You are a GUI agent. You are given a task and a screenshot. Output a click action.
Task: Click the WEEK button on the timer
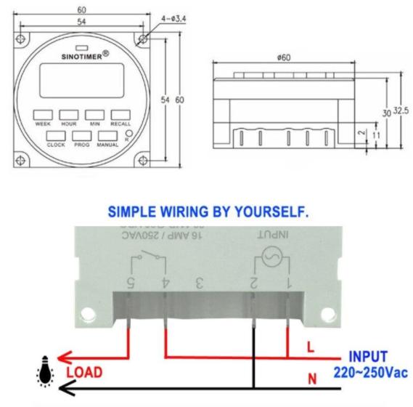pyautogui.click(x=43, y=115)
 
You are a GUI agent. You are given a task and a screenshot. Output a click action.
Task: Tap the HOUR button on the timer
pyautogui.click(x=69, y=115)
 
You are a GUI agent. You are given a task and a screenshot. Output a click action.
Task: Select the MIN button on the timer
pyautogui.click(x=94, y=115)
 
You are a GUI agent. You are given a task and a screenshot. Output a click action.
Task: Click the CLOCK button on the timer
pyautogui.click(x=56, y=135)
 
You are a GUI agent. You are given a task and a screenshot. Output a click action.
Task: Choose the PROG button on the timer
pyautogui.click(x=82, y=135)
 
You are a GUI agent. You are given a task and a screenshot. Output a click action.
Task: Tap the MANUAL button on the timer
pyautogui.click(x=107, y=135)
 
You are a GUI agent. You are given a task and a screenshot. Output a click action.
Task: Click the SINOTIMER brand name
pyautogui.click(x=80, y=55)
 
